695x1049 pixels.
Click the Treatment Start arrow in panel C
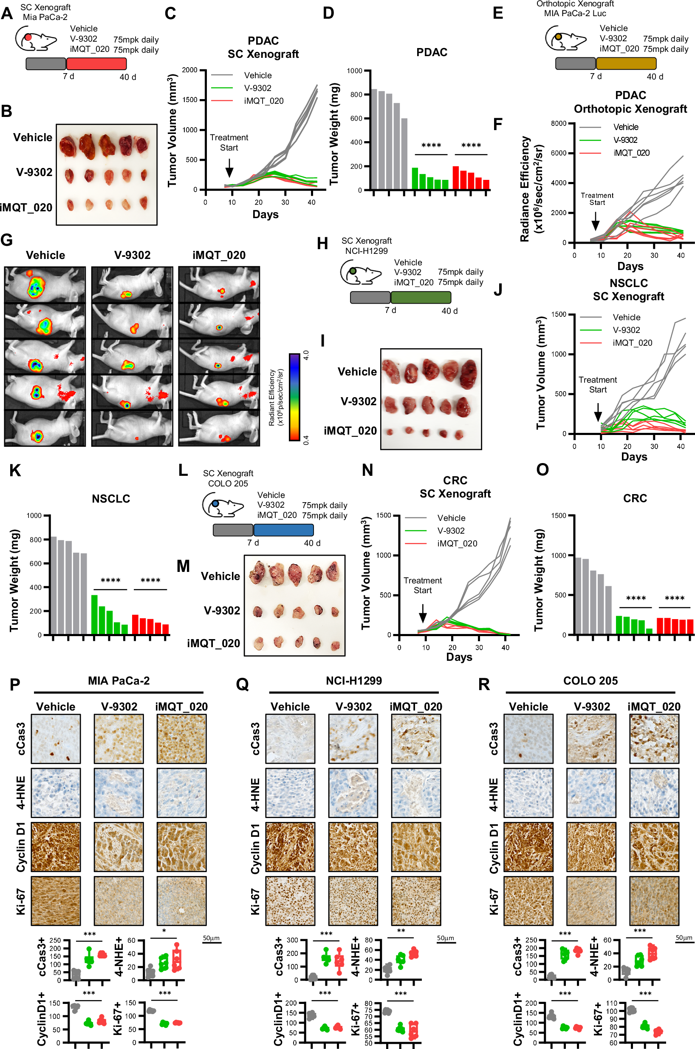coord(229,168)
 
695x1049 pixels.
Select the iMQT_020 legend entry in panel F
coord(631,153)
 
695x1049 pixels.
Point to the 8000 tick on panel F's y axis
coord(558,123)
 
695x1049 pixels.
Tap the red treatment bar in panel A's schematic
coord(96,64)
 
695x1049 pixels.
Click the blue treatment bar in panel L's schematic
coord(283,529)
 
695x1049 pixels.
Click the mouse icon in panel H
coord(360,272)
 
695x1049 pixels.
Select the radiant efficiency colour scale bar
coord(294,397)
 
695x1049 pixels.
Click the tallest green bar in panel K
coord(94,614)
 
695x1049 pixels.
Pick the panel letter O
coord(542,470)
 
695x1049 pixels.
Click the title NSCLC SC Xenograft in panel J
coord(628,290)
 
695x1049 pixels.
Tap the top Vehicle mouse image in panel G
coord(45,285)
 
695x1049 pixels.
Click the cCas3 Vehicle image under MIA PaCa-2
coord(56,739)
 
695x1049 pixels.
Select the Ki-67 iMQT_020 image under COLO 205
coord(654,901)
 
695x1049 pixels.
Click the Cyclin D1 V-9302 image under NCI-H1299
coord(353,847)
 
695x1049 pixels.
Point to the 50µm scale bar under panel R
coord(684,942)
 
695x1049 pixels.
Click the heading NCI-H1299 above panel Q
coord(353,681)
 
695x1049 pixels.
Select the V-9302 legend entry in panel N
coord(451,531)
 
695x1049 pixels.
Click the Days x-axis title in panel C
coord(265,214)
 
